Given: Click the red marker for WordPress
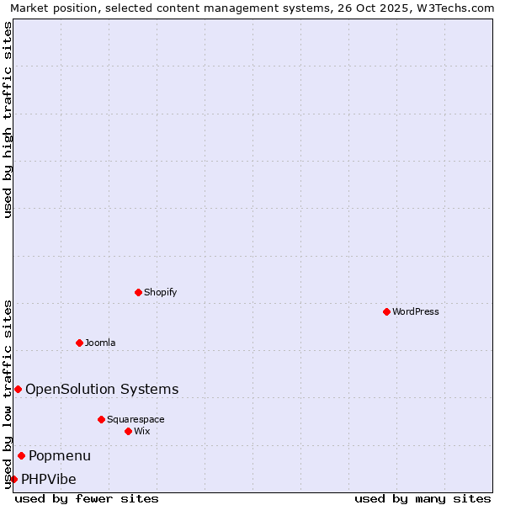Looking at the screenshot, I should [x=386, y=311].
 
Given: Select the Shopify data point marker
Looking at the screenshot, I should [x=138, y=292].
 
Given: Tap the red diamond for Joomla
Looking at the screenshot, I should [x=79, y=343].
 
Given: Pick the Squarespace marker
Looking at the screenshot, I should [x=101, y=419].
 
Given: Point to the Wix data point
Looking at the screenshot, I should [x=128, y=431].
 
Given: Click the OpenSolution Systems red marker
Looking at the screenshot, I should [x=18, y=389].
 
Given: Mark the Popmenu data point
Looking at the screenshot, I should [x=21, y=455].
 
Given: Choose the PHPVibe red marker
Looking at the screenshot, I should [x=13, y=479].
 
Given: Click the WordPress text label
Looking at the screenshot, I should [x=416, y=311].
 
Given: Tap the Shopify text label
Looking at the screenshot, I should [x=161, y=292].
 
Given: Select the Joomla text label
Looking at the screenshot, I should [x=100, y=343].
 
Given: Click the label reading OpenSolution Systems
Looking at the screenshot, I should [x=102, y=389].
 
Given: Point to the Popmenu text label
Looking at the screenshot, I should [x=60, y=455].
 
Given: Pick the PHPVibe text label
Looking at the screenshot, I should [x=49, y=479].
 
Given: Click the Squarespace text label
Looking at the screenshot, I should [x=136, y=419].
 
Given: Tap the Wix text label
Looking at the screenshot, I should [x=142, y=431].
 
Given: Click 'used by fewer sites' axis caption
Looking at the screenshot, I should [x=87, y=498].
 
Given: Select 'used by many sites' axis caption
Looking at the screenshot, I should [x=423, y=498].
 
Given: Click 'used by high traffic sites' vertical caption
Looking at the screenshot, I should [x=8, y=120].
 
